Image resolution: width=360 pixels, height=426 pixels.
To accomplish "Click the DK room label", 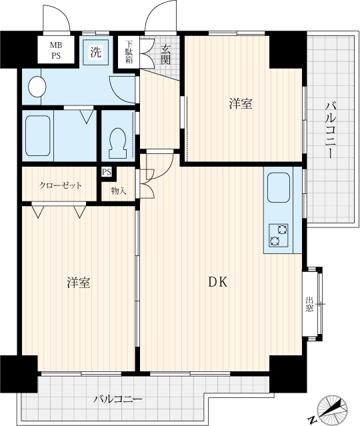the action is (217, 283).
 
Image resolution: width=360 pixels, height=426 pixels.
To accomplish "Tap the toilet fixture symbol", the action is (117, 143).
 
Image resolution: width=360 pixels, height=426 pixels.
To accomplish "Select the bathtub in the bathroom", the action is (38, 135).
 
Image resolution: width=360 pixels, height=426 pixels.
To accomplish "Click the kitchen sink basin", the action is (279, 187).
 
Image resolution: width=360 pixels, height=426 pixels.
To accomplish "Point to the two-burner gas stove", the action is (279, 235).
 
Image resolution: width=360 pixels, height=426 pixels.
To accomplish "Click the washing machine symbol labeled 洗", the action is (95, 52).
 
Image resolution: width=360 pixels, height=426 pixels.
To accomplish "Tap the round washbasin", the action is (37, 87).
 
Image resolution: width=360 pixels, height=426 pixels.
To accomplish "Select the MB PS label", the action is (56, 50).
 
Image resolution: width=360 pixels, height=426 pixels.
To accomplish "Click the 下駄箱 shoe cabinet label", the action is (129, 52).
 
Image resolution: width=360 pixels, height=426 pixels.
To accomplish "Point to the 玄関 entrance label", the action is (165, 55).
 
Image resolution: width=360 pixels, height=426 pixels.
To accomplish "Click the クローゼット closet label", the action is (60, 185).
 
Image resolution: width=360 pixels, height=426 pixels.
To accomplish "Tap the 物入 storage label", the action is (119, 191).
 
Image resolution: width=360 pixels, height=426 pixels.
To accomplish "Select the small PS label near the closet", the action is (107, 172).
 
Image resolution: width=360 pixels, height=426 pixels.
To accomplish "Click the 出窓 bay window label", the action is (309, 304).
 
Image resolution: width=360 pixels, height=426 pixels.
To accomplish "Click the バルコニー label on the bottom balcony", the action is (118, 399).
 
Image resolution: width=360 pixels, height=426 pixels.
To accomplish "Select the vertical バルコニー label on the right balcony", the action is (330, 130).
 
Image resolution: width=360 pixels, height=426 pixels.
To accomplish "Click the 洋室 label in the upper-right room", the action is (241, 104).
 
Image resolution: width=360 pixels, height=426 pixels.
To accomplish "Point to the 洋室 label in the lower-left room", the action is (79, 283).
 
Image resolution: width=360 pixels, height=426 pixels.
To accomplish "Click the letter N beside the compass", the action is (313, 420).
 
